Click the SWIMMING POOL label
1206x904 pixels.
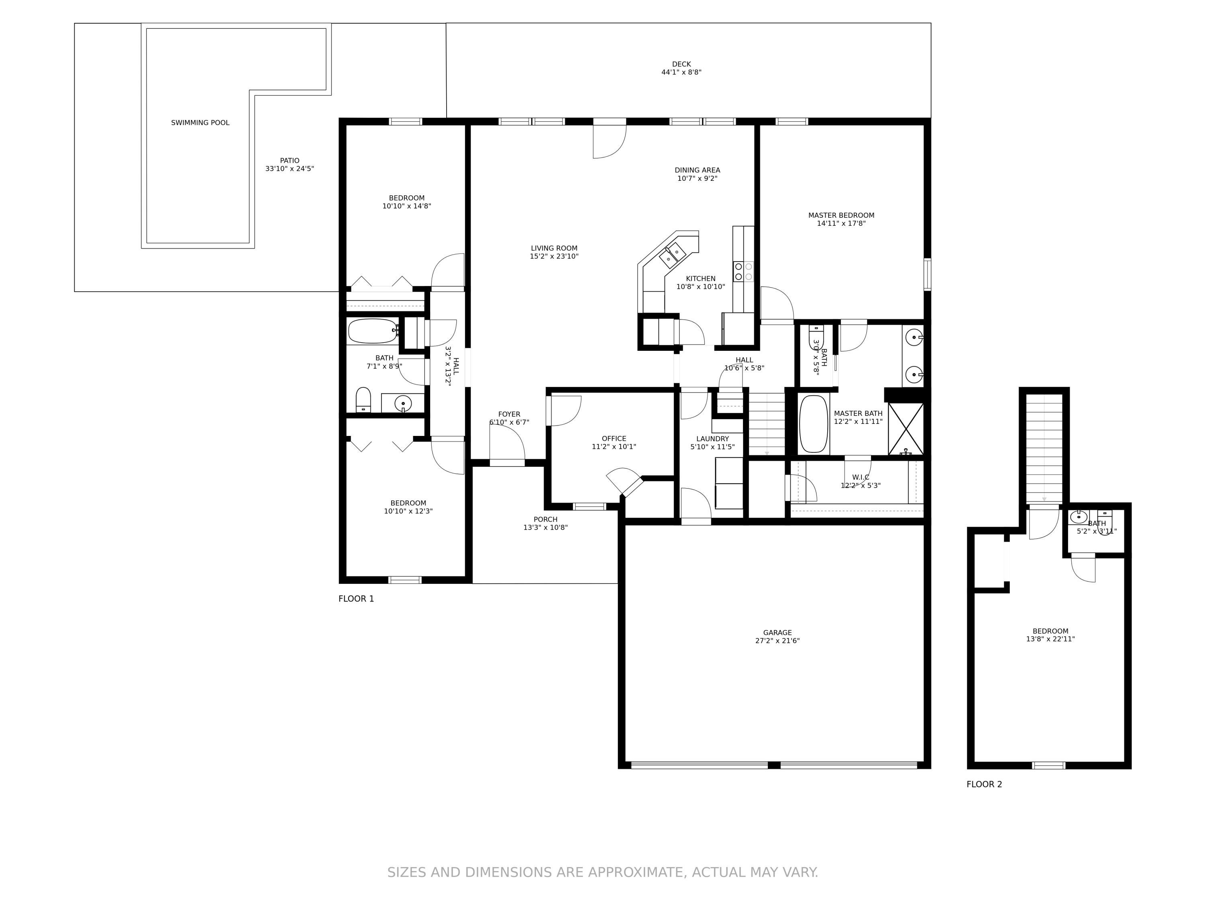tap(200, 123)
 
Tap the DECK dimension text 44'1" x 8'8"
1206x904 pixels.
tap(681, 72)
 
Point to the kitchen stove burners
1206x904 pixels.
tap(743, 271)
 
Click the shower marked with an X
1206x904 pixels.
tap(906, 429)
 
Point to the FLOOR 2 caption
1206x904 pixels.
tap(984, 784)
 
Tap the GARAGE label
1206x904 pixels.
tap(777, 633)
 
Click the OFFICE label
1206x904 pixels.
tap(613, 439)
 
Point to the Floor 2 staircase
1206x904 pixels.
tap(1044, 447)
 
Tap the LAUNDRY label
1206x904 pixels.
tap(712, 439)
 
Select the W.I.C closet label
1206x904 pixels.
tap(860, 477)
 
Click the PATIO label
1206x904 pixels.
tap(289, 161)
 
